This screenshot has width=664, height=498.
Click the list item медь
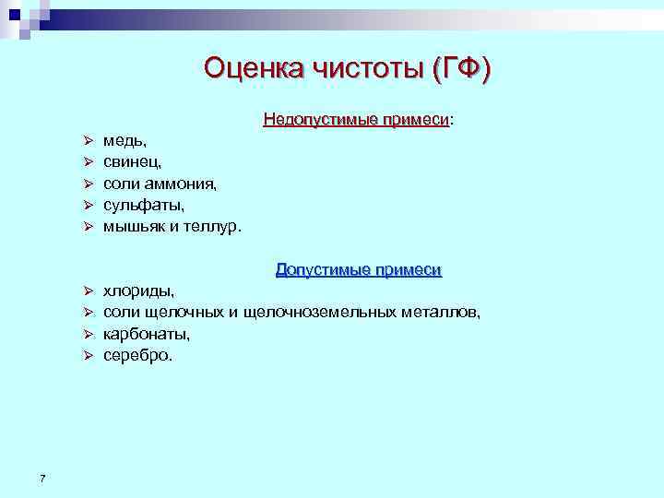coord(124,139)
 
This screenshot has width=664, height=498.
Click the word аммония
coord(184,183)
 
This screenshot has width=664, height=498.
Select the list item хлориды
coord(138,291)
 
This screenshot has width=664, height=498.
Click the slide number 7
coord(43,477)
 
